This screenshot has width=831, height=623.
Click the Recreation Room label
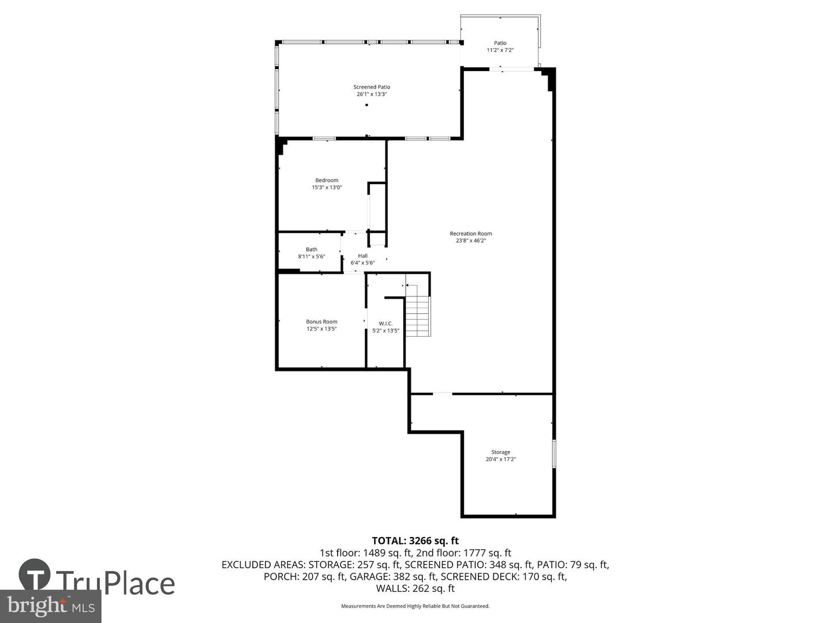(471, 234)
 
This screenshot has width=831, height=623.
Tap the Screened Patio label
(372, 87)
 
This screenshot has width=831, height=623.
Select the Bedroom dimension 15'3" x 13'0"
(327, 187)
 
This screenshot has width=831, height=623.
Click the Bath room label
(312, 249)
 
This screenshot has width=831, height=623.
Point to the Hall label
(362, 256)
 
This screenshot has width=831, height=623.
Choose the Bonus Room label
(321, 322)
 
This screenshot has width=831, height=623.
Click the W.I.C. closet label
(385, 324)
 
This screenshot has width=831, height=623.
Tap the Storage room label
(500, 452)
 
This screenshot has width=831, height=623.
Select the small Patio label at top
(500, 43)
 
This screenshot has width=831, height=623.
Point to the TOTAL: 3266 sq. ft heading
(415, 541)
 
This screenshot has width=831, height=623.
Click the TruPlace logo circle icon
(34, 575)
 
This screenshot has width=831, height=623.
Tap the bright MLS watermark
(50, 606)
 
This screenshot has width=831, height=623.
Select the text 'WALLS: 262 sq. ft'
(415, 588)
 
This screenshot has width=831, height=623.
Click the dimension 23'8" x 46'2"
(471, 241)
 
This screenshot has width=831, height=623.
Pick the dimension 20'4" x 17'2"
(500, 459)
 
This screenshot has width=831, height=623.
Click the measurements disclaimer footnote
(415, 606)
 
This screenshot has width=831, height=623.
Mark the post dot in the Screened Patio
(366, 105)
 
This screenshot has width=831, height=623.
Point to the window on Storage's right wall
(554, 453)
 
